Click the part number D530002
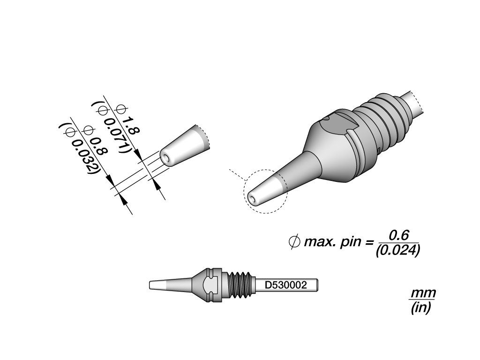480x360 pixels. [285, 285]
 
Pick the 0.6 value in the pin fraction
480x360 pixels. [398, 235]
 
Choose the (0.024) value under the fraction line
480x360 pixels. [397, 250]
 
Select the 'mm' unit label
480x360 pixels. [423, 293]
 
